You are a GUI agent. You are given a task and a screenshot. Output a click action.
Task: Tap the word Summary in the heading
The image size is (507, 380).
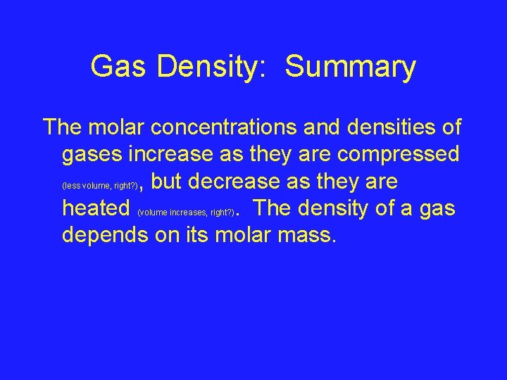(351, 68)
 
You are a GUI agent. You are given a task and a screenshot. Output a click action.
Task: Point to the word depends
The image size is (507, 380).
(105, 235)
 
